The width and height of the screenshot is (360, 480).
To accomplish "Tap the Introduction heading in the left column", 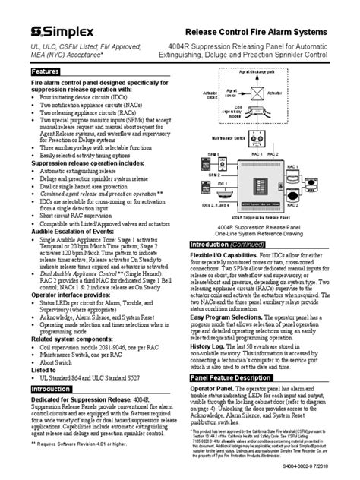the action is coord(37,388).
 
